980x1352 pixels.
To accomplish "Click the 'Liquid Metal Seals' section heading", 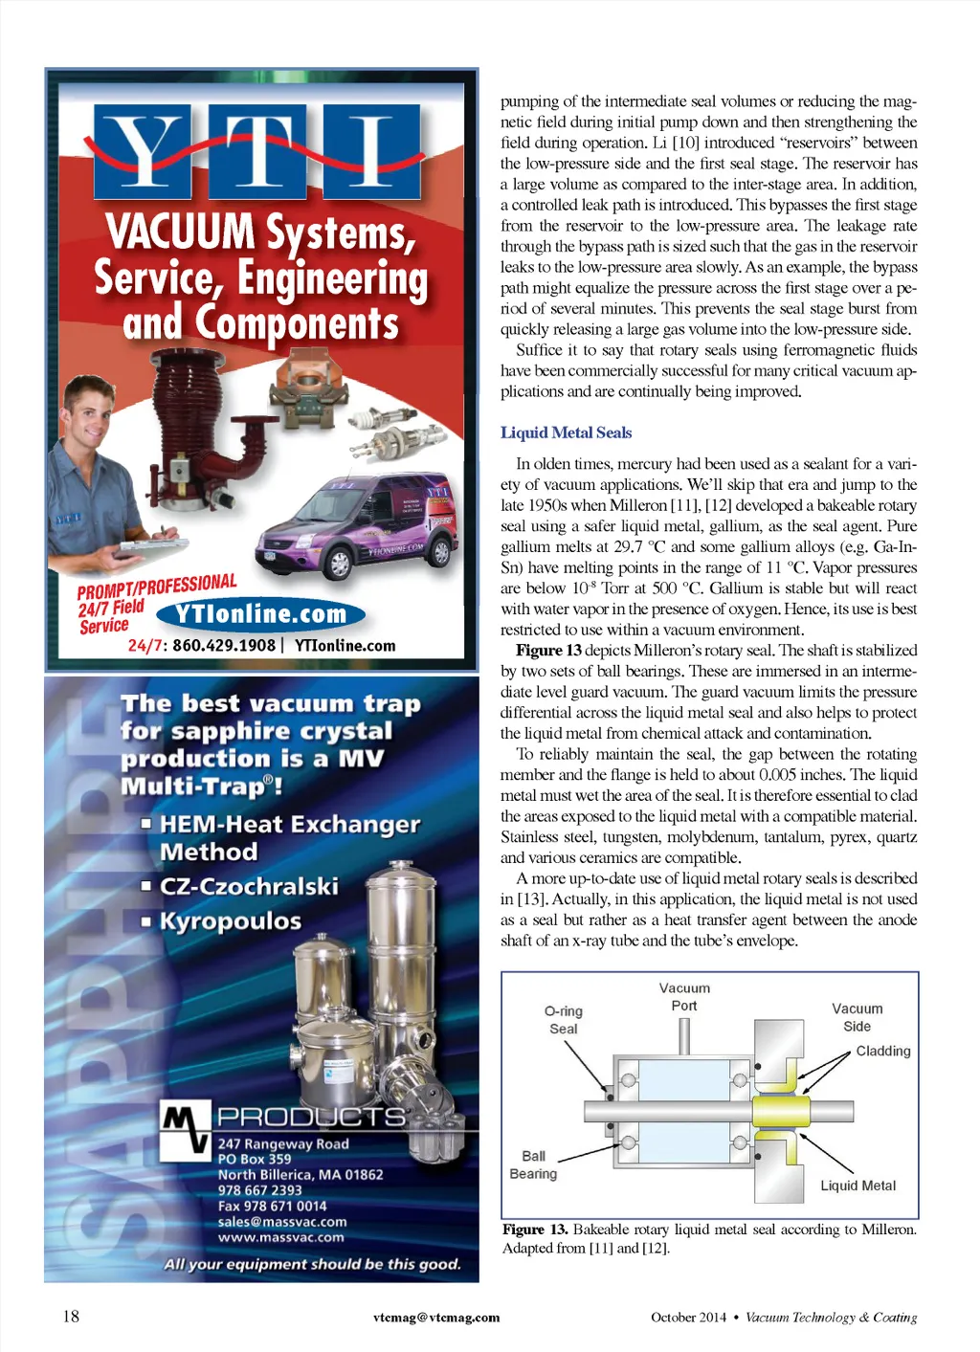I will [566, 432].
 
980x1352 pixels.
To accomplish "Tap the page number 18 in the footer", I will [71, 1316].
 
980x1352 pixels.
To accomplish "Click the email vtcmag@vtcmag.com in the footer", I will [436, 1318].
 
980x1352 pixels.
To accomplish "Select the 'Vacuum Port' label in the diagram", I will [684, 996].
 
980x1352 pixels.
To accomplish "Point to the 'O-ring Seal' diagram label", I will [564, 1019].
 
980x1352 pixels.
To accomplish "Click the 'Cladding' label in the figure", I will [882, 1051].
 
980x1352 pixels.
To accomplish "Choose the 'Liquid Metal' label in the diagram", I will [857, 1186].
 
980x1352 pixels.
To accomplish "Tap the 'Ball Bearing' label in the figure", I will [533, 1164].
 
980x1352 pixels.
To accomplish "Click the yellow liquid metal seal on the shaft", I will [780, 1111].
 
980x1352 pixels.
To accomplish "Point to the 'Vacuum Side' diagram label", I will [857, 1017].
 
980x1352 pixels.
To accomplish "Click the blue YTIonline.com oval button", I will [260, 614].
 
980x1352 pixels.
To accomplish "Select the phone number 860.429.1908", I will [223, 646].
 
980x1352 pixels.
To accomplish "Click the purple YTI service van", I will [359, 524].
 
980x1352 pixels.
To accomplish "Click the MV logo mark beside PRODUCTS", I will [185, 1127].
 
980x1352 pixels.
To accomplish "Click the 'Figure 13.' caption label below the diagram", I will [535, 1230].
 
